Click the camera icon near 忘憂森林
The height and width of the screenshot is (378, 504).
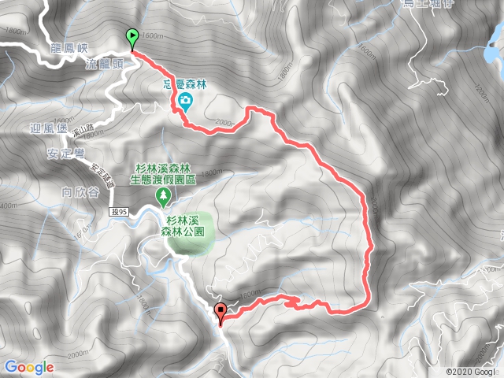click(x=186, y=99)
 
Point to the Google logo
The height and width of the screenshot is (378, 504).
click(x=28, y=366)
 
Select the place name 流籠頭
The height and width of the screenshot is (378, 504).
click(x=105, y=65)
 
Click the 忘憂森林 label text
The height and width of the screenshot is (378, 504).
click(x=186, y=82)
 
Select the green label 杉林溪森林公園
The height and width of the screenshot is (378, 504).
click(x=186, y=227)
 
